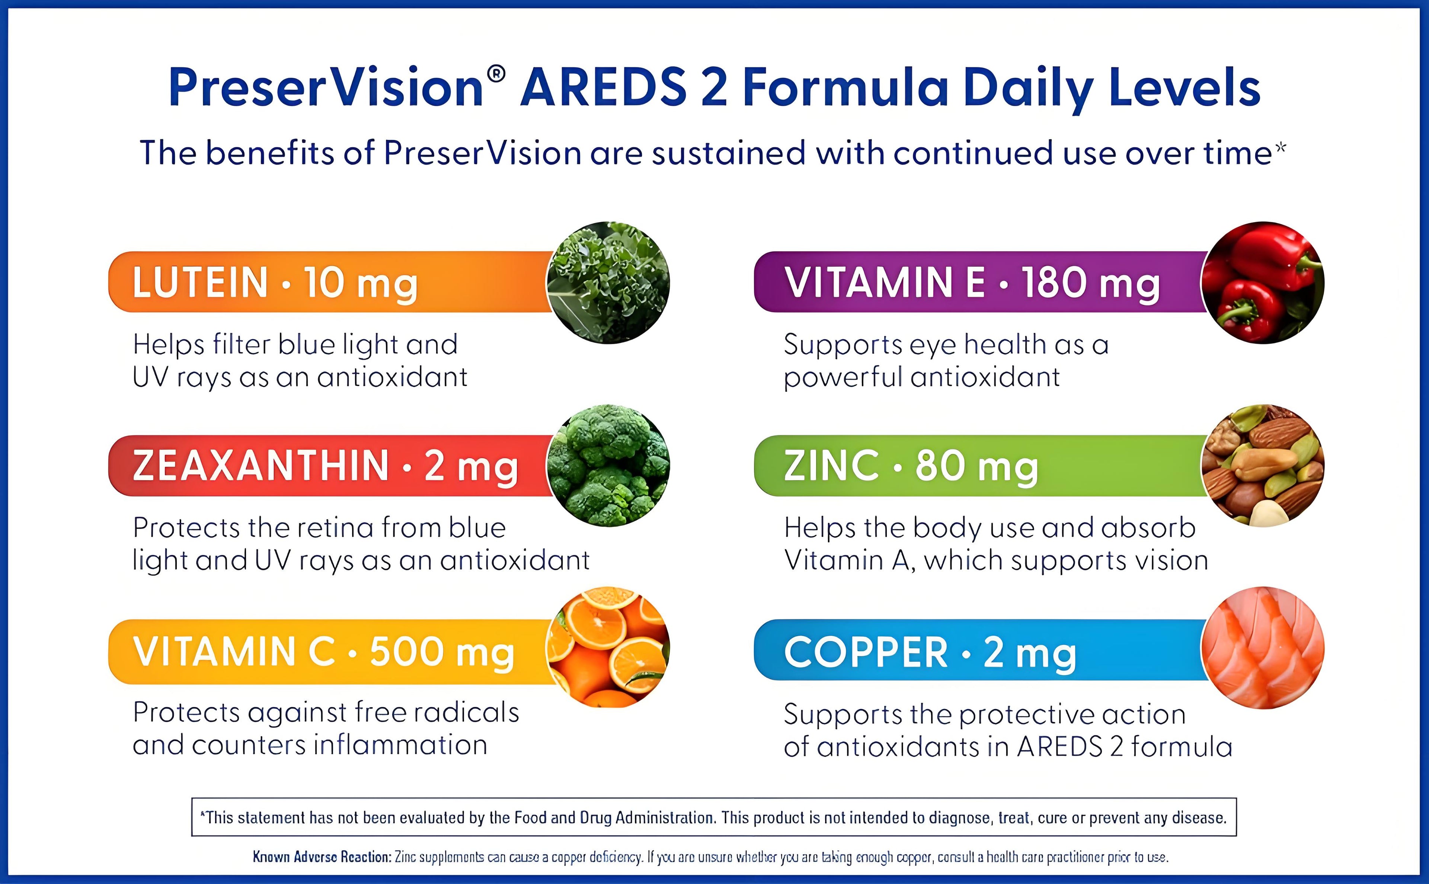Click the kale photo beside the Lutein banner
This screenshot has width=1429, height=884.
pyautogui.click(x=608, y=283)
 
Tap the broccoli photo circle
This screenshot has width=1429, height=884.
pyautogui.click(x=608, y=465)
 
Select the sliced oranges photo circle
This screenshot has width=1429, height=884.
pyautogui.click(x=608, y=647)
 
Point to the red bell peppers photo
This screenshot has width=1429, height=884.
pyautogui.click(x=1262, y=283)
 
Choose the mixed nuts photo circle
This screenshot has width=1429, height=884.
pyautogui.click(x=1262, y=465)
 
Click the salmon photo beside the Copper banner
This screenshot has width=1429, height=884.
pyautogui.click(x=1262, y=648)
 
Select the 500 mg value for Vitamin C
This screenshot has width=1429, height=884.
pyautogui.click(x=442, y=652)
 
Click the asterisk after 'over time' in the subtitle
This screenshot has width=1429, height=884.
pyautogui.click(x=1280, y=147)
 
